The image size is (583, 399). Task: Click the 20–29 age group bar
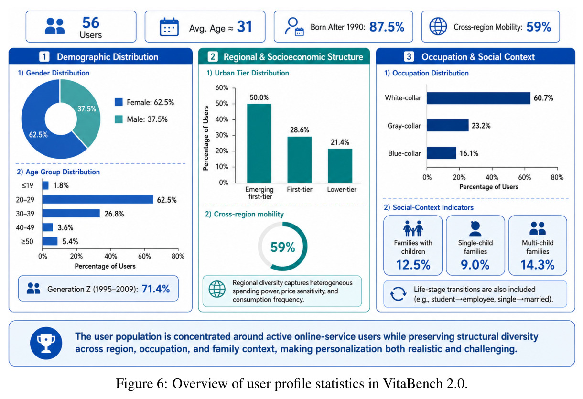(97, 199)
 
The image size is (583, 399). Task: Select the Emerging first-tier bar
(259, 143)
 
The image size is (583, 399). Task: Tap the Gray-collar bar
(447, 126)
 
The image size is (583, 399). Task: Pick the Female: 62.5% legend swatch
(119, 102)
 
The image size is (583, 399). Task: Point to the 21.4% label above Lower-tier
(340, 142)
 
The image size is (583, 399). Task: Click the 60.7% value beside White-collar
(543, 98)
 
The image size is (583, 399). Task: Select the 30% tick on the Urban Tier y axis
(222, 135)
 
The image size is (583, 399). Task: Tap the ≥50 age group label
(27, 241)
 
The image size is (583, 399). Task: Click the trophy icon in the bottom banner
(46, 343)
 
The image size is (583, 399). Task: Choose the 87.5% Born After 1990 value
(387, 27)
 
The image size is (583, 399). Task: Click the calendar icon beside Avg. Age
(169, 27)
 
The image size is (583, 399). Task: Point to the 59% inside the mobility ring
(282, 247)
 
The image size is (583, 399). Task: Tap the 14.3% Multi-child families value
(538, 265)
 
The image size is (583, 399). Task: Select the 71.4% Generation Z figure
(156, 289)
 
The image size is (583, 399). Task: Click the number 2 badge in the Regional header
(213, 56)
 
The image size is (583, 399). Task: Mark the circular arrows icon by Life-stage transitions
(398, 294)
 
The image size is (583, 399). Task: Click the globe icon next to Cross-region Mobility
(438, 26)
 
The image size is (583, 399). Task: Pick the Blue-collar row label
(404, 153)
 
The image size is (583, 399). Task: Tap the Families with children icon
(413, 228)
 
